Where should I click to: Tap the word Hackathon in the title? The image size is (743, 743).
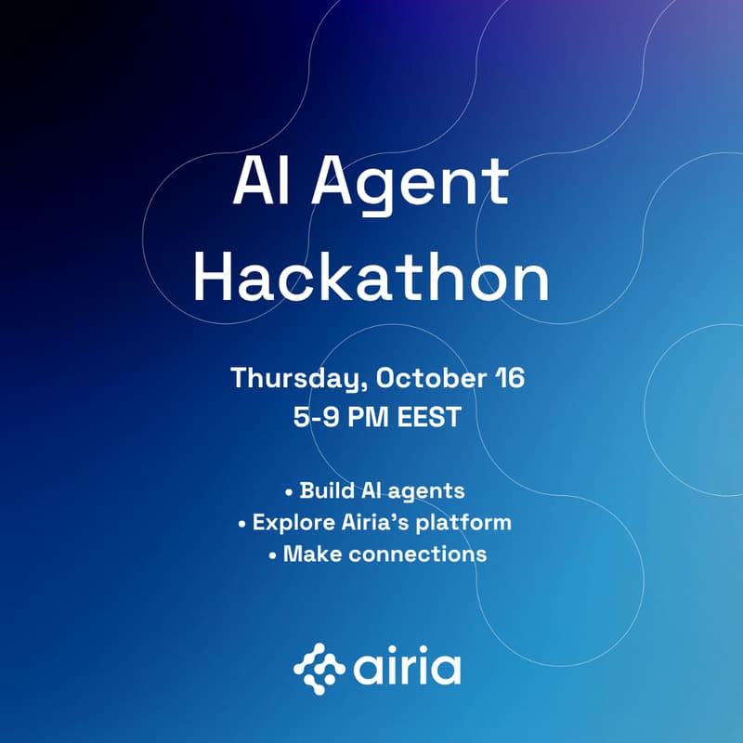point(371,278)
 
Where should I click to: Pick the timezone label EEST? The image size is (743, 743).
point(428,417)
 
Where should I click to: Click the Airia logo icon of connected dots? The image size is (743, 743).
point(319,668)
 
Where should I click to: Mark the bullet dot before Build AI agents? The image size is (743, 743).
point(289,490)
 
